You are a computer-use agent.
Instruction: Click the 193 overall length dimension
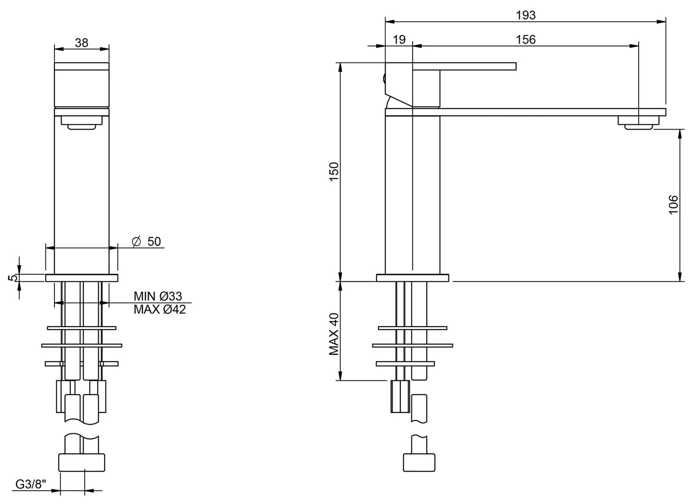[525, 15]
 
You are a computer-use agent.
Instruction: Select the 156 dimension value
[525, 40]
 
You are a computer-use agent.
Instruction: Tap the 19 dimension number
[399, 40]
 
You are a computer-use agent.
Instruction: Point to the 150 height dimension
[334, 172]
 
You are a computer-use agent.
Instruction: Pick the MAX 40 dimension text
[334, 334]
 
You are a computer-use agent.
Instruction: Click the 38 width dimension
[82, 42]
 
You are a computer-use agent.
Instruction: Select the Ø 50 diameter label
[147, 241]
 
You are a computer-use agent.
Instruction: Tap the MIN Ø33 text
[158, 296]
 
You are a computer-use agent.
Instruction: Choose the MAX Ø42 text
[159, 310]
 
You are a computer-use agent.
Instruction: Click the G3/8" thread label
[30, 484]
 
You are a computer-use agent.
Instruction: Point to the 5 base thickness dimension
[14, 278]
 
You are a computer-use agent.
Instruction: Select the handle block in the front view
[82, 85]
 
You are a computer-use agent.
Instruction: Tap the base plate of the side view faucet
[412, 278]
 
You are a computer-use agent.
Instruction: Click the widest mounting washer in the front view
[82, 345]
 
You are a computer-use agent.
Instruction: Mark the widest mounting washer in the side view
[412, 345]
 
